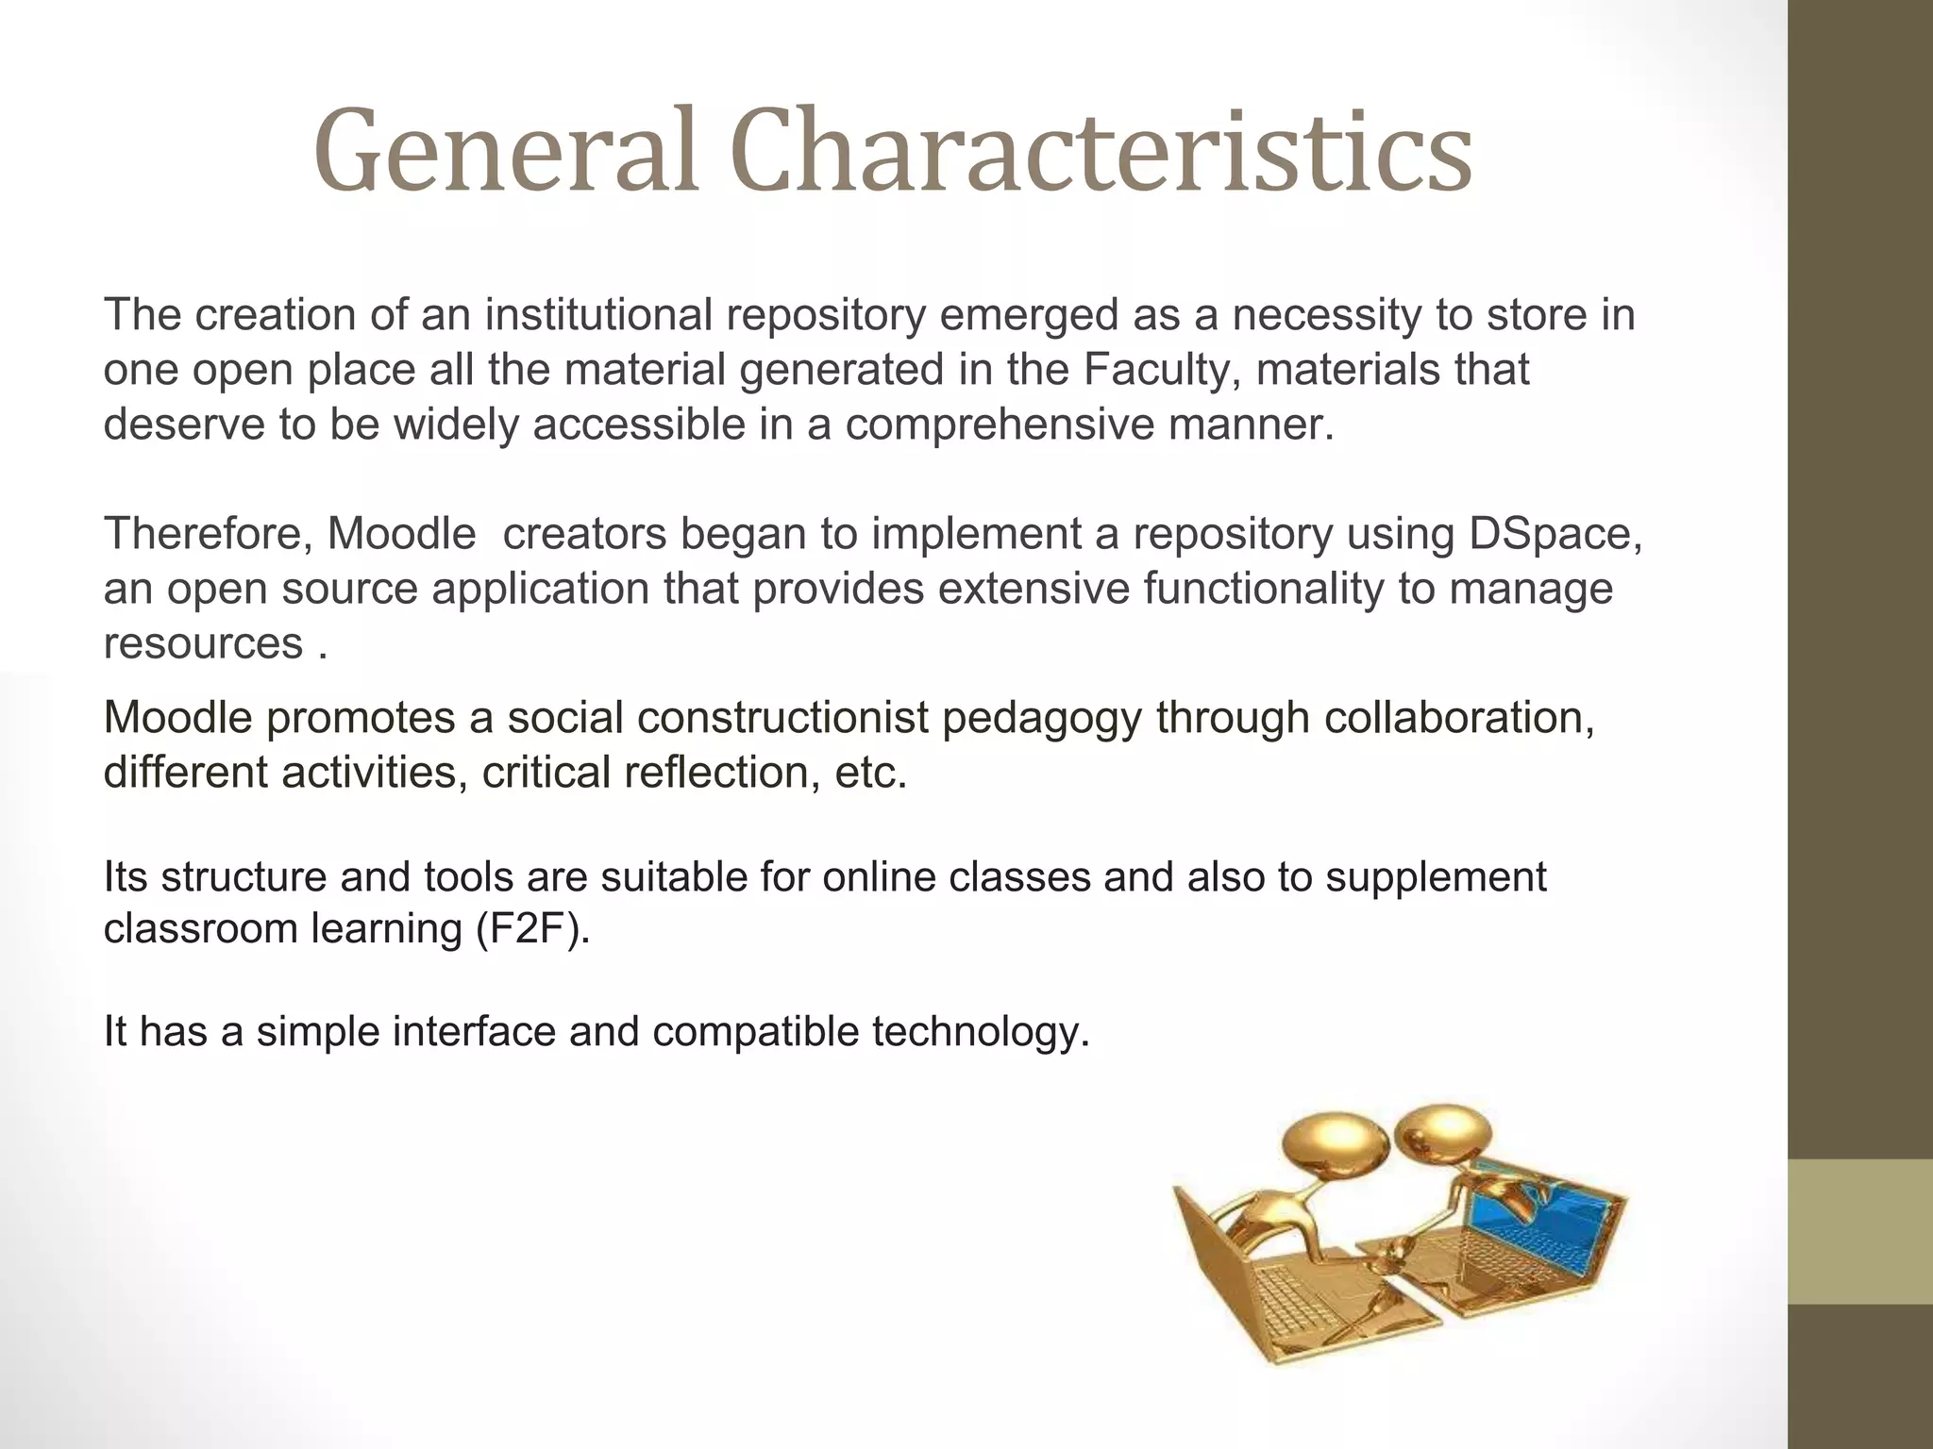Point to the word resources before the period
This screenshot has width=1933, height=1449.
click(203, 644)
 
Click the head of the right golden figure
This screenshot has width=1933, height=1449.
click(1441, 1132)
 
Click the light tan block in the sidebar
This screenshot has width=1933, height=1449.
click(1860, 1231)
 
